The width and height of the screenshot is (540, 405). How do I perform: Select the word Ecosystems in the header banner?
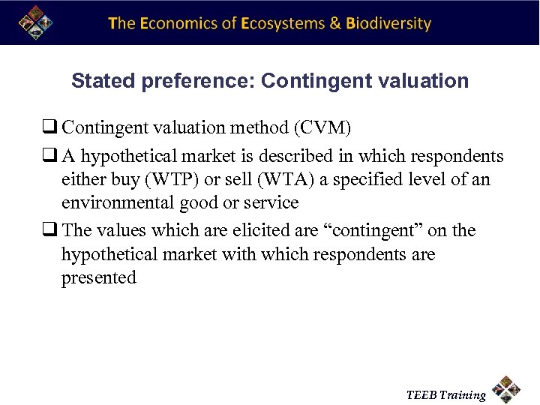coord(281,23)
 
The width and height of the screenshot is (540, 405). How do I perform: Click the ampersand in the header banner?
coord(334,23)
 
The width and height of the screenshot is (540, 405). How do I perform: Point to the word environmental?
coord(120,202)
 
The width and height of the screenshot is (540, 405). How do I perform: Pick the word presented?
coord(99,278)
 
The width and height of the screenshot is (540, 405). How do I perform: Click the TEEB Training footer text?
coord(445,394)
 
